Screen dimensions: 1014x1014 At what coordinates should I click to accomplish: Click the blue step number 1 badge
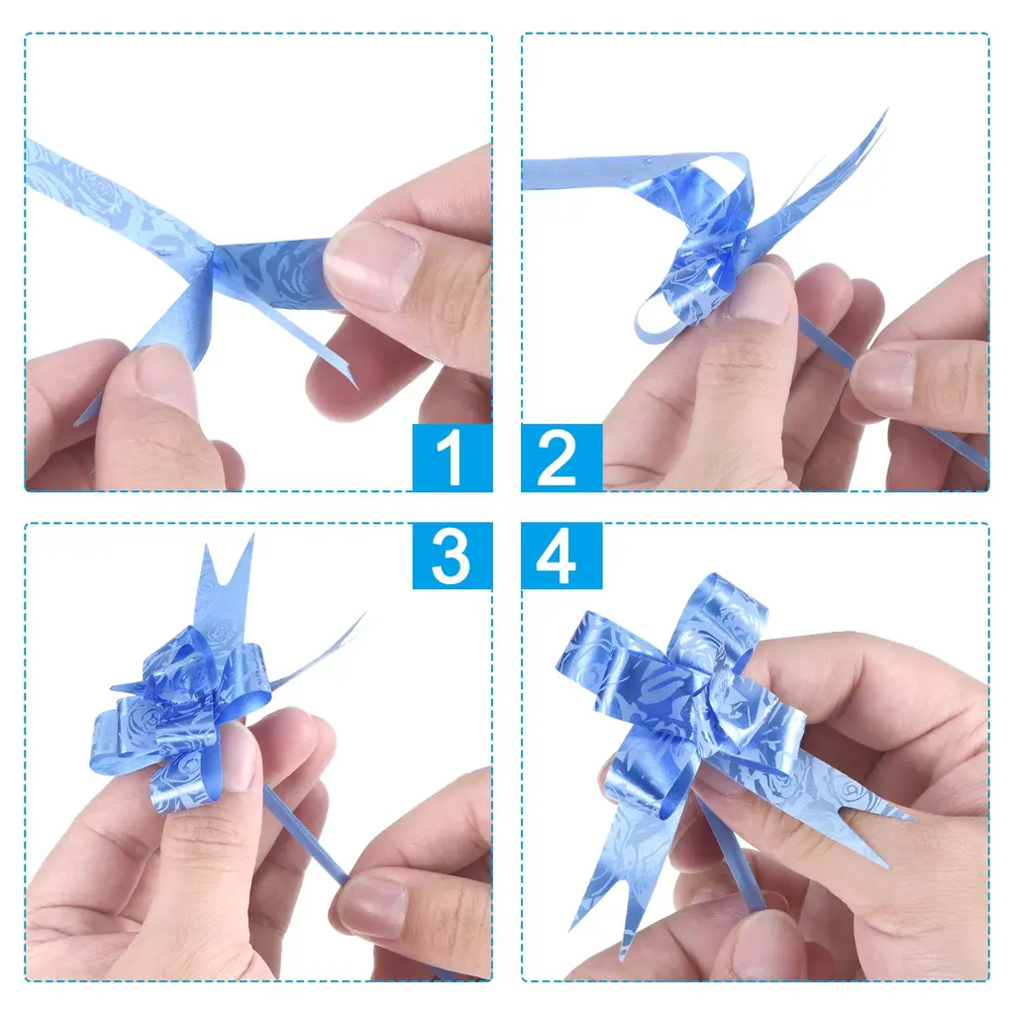(452, 457)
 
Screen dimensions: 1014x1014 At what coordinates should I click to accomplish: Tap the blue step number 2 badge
(561, 457)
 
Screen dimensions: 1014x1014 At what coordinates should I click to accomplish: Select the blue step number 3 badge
(452, 557)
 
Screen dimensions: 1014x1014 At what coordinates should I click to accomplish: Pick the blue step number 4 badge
(561, 557)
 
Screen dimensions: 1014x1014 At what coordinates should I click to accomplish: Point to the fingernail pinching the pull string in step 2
(882, 378)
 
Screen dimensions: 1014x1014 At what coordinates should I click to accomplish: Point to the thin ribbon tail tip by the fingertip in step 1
(350, 378)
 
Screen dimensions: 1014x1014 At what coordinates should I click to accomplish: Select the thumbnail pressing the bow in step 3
(236, 757)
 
